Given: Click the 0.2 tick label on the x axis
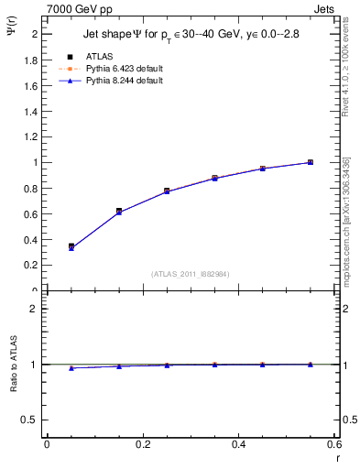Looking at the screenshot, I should pos(142,443).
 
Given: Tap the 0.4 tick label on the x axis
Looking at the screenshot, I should pos(238,443).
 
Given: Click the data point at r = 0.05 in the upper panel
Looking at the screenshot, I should pos(71,246).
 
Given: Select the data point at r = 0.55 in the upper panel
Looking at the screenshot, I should pos(311,162).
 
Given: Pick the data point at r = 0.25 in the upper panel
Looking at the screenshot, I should pos(167,191).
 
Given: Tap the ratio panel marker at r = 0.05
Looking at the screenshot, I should pos(71,367).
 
